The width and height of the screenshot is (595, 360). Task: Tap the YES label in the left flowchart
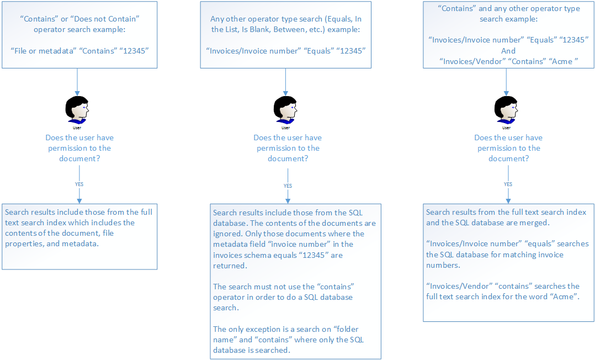[x=79, y=184]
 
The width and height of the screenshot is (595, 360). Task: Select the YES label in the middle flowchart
[x=288, y=186]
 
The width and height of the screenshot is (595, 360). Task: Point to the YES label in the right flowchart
[x=508, y=184]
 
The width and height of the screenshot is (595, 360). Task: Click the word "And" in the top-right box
[x=508, y=51]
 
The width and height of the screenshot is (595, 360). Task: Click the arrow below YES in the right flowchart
[x=508, y=195]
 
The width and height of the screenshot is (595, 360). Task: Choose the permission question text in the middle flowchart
[x=288, y=148]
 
